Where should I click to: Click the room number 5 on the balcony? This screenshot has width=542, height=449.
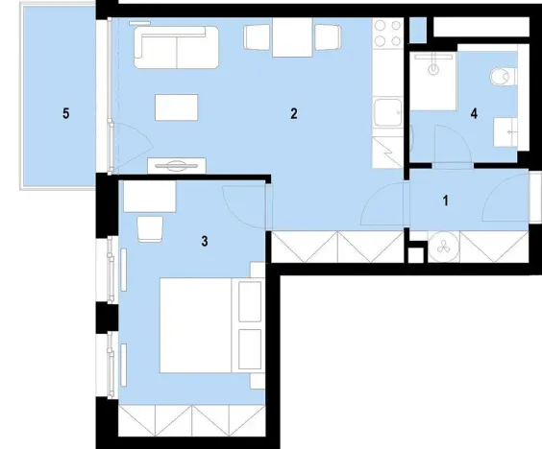tap(65, 114)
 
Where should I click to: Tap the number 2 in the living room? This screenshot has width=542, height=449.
tap(293, 114)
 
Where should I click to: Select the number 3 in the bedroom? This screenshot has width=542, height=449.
tap(205, 241)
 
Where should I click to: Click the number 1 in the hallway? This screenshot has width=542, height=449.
tap(445, 201)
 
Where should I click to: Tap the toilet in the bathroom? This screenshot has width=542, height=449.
tap(500, 77)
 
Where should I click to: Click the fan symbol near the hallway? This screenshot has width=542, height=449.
tap(445, 247)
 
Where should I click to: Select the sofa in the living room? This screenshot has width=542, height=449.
tap(176, 47)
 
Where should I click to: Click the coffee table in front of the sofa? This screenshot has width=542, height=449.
tap(179, 106)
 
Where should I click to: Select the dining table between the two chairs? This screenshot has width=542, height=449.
tap(291, 39)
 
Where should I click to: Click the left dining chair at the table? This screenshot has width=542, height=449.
tap(258, 36)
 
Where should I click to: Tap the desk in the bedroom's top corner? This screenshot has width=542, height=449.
tap(150, 197)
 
